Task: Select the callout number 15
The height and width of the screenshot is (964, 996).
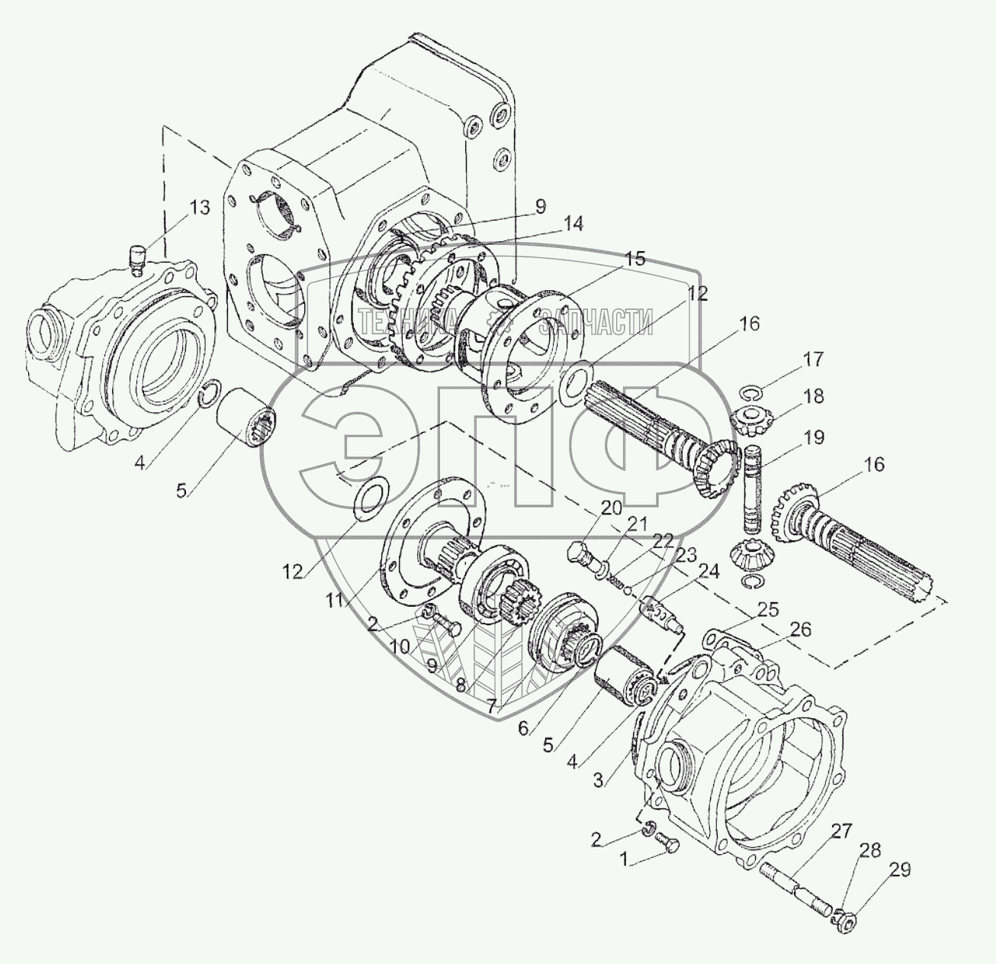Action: [632, 259]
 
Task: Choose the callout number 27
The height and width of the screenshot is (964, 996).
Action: [842, 830]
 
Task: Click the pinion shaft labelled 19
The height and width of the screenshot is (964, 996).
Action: [754, 489]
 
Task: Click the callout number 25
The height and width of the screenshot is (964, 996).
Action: [768, 609]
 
